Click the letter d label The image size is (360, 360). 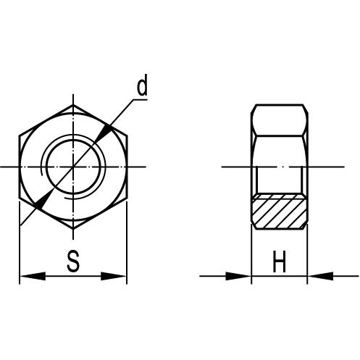coord(142,85)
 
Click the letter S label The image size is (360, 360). coord(73,261)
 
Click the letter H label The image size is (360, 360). coord(279,261)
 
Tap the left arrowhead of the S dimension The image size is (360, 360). coord(33,276)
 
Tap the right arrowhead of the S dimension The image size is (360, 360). coord(114,276)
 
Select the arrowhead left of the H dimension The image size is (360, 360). coord(238,276)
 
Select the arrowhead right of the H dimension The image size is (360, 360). coord(320,276)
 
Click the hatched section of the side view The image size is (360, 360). coord(280,212)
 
